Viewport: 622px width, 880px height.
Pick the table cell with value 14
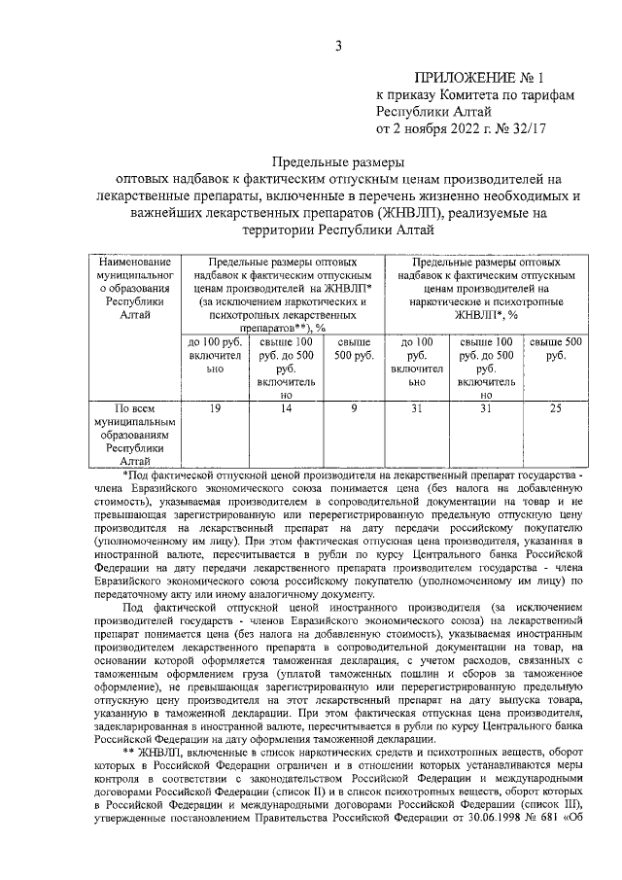point(285,409)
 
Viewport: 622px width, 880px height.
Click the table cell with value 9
point(354,409)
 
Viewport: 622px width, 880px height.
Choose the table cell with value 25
point(555,409)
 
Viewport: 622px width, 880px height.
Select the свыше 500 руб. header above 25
point(555,349)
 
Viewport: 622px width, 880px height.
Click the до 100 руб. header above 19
point(214,356)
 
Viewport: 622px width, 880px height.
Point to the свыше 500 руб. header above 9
point(354,349)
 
